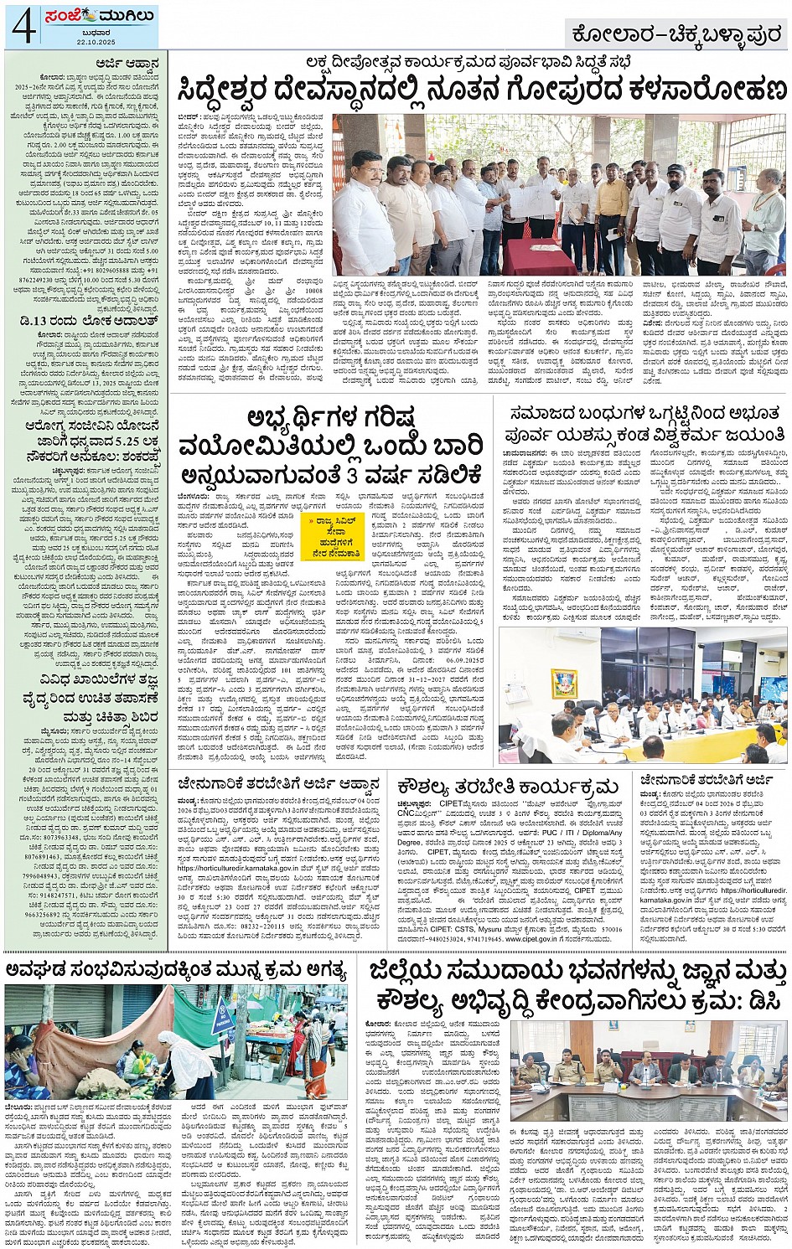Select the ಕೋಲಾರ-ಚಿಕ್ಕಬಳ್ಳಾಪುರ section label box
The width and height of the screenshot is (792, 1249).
pyautogui.click(x=675, y=33)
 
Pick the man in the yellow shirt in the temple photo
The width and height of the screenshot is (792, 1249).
pyautogui.click(x=613, y=205)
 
